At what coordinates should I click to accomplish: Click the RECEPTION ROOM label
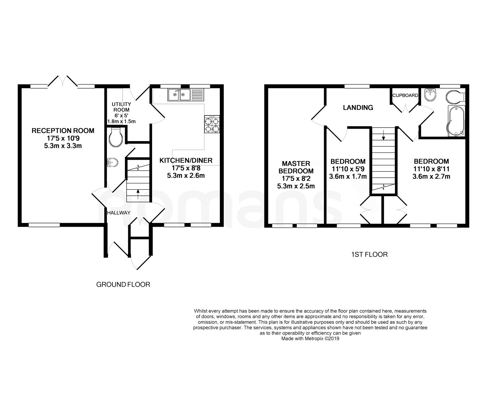63,131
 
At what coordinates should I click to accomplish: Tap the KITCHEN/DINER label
186,161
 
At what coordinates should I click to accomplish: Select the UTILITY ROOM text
121,107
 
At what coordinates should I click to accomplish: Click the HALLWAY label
119,213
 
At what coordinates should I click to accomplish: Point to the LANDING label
358,108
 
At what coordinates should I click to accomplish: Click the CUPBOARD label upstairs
405,95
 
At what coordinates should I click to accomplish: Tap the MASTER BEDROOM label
296,167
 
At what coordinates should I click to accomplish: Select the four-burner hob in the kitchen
212,124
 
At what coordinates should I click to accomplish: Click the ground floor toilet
116,138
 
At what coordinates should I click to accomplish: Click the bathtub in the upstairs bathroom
456,121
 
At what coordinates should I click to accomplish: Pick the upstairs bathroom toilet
456,97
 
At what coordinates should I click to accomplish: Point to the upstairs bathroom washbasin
430,95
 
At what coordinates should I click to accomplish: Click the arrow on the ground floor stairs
138,194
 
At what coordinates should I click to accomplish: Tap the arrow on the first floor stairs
384,135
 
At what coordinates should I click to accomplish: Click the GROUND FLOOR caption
123,285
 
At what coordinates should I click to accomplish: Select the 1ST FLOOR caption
369,255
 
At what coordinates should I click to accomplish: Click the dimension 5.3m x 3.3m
63,146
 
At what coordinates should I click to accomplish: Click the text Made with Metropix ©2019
310,338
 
